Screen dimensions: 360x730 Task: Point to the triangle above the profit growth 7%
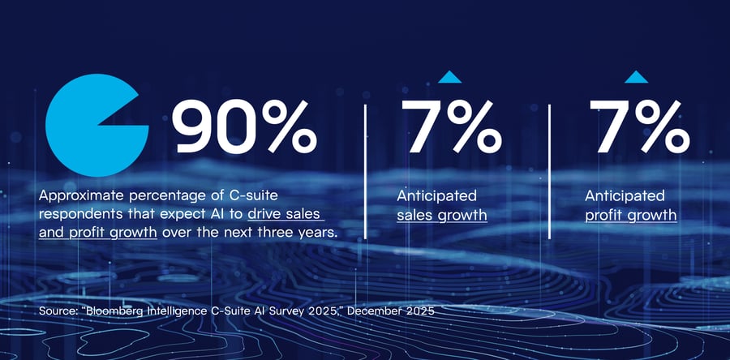coord(637,78)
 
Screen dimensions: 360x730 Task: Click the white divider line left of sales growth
coord(366,170)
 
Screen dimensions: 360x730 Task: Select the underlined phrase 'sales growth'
coord(441,216)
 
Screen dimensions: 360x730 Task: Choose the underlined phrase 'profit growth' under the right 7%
coord(630,216)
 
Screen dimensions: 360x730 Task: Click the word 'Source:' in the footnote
coord(59,311)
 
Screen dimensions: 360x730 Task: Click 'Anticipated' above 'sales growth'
coord(436,196)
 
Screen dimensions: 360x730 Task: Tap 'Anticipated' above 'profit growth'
coord(625,196)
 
